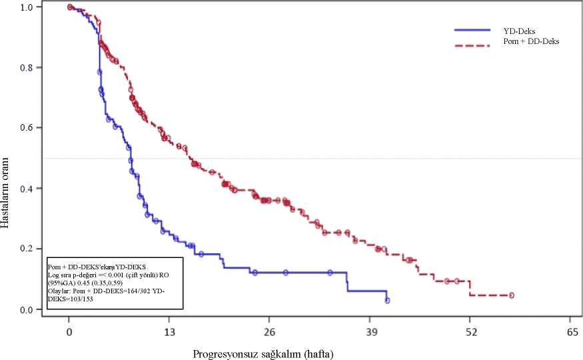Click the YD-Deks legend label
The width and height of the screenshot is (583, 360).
click(x=520, y=31)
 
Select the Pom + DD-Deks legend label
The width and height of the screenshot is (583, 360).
click(x=531, y=41)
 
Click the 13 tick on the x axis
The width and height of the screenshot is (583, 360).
click(x=169, y=331)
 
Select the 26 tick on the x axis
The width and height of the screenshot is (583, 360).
click(x=270, y=331)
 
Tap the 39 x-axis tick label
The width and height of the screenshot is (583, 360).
click(x=370, y=331)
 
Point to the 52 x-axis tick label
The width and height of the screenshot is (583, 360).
click(x=470, y=331)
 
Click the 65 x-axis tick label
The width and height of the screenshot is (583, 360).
click(x=570, y=331)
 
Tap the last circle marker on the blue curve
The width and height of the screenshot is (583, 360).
click(x=387, y=301)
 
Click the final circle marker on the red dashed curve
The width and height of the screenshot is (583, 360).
click(x=512, y=295)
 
